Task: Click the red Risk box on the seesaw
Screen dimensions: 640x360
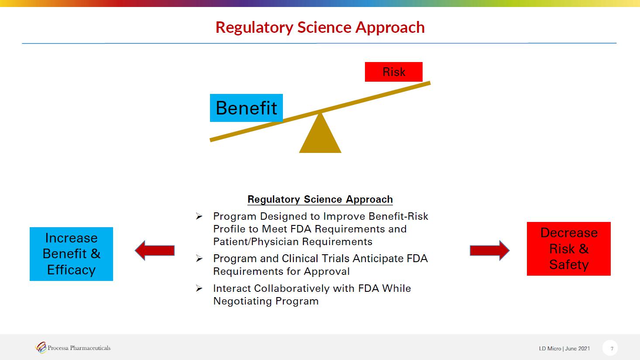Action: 393,72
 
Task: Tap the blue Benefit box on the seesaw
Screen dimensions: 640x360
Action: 246,108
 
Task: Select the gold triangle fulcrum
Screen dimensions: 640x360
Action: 320,133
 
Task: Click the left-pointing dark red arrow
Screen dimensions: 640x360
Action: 155,250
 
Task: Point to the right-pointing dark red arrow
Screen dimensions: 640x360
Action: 490,250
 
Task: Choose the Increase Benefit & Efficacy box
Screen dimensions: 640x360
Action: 72,254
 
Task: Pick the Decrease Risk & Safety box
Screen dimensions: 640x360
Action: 568,249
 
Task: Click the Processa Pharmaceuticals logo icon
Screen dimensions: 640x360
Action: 41,348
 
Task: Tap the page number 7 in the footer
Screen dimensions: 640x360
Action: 612,349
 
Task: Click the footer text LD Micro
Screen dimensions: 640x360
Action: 550,349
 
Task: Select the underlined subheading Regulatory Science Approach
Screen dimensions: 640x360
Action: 320,199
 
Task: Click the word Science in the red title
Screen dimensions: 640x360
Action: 324,28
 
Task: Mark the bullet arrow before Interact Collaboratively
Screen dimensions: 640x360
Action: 199,288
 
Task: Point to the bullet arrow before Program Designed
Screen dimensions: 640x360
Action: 199,216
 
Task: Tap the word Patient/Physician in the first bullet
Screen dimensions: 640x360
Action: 256,242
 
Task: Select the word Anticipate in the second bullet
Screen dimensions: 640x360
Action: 378,259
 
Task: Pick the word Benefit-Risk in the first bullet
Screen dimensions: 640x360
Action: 398,216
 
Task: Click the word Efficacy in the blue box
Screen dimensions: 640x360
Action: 72,270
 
